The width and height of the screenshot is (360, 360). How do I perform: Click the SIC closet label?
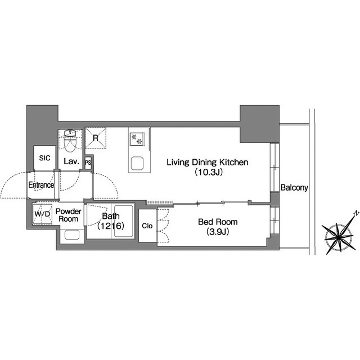(x=44, y=158)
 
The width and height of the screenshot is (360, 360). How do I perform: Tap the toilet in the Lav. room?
(x=70, y=141)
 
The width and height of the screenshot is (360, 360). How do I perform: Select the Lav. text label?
(x=71, y=161)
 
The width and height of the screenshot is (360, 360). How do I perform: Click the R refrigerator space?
(x=96, y=138)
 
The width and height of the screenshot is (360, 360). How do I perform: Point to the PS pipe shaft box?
(x=88, y=163)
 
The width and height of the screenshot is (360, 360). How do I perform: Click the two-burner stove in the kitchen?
(x=137, y=139)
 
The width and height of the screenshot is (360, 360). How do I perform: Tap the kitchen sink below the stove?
(x=137, y=163)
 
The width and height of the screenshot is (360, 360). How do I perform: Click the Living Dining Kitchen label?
(x=208, y=163)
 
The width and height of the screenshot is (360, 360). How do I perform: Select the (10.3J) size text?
(x=209, y=172)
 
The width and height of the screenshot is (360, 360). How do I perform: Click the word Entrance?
(x=41, y=185)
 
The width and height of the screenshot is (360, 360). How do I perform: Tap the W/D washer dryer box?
(x=42, y=214)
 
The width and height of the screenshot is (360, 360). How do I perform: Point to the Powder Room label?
(x=69, y=215)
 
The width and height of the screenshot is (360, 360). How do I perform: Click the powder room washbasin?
(x=72, y=235)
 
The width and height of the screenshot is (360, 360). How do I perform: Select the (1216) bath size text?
(x=111, y=226)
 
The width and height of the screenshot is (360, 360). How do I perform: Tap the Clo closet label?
(x=147, y=226)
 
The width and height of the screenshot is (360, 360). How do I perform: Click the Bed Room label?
(x=218, y=222)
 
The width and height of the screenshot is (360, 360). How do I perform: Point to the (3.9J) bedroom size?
(x=218, y=232)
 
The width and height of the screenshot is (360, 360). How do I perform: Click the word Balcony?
(x=294, y=187)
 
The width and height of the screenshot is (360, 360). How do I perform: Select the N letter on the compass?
(x=356, y=213)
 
